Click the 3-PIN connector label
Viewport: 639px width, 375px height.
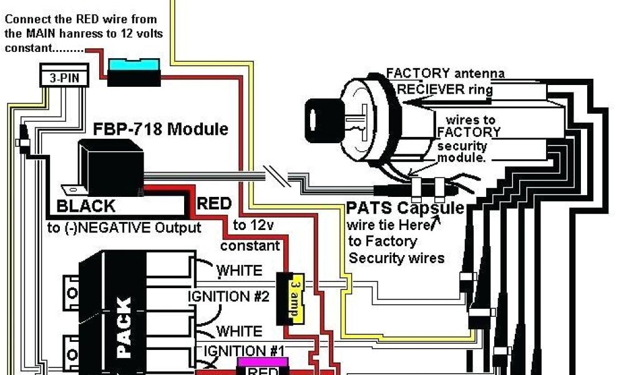(64, 79)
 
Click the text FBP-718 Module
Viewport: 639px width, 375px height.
(161, 129)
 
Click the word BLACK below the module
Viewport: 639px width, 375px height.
(86, 206)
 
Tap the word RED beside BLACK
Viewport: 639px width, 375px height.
(214, 204)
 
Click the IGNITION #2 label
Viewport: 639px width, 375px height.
(228, 296)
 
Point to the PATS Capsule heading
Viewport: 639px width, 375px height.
(405, 208)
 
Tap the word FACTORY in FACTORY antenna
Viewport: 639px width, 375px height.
(417, 73)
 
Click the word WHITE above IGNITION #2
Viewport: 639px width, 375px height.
(239, 271)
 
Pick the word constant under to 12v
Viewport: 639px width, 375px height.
(250, 246)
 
